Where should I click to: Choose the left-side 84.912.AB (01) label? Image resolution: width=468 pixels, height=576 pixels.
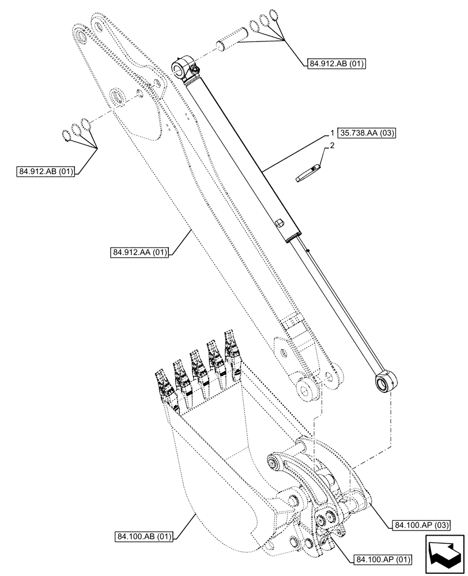coord(47,171)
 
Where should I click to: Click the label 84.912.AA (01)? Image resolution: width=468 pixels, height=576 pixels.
coord(138,252)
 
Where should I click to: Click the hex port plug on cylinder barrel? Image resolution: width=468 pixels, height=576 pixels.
coord(280,222)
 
